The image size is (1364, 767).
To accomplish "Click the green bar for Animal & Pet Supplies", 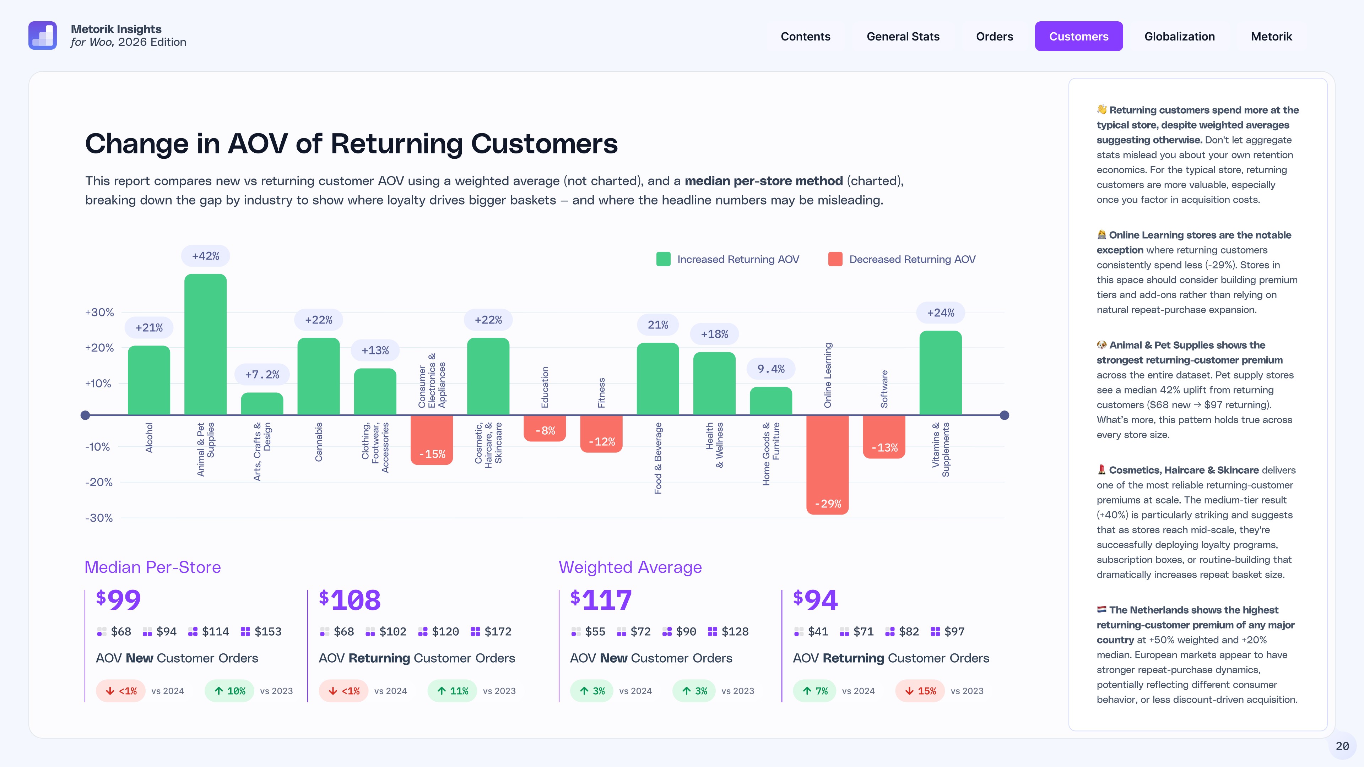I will click(205, 344).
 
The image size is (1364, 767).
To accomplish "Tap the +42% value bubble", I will click(205, 256).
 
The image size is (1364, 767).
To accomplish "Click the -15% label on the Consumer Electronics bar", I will click(432, 454).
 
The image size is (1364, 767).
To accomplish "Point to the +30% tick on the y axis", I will click(99, 312).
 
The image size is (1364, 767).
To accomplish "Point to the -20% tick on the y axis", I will click(99, 482).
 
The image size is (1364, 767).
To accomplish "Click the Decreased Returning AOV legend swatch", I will click(835, 259).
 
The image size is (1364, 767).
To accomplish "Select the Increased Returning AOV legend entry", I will click(728, 259).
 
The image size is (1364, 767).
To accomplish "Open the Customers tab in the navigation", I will click(1079, 37).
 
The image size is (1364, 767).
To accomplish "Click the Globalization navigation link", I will click(1179, 37).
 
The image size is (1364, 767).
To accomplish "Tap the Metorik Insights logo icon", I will click(42, 36).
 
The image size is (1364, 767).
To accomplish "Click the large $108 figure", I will click(350, 600).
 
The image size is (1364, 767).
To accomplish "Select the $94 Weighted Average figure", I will click(816, 600).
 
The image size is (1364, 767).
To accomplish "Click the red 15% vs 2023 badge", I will click(920, 691).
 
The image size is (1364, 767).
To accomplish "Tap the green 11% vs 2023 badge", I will click(452, 691).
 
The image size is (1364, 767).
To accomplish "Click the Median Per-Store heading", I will click(152, 567).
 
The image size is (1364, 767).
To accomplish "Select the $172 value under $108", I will click(498, 631).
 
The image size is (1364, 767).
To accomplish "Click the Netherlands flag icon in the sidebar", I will click(1102, 609).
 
